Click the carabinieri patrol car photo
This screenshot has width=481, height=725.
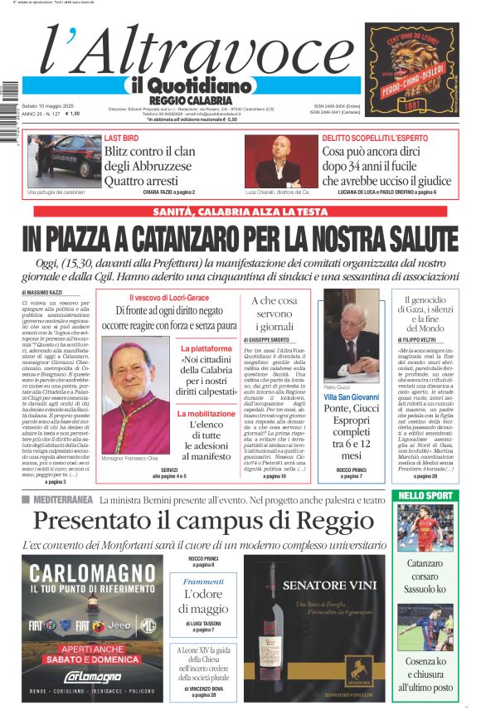point(64,159)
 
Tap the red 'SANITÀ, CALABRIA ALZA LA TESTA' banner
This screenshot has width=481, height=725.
point(240,212)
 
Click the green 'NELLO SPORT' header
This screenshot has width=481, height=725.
point(425,495)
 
